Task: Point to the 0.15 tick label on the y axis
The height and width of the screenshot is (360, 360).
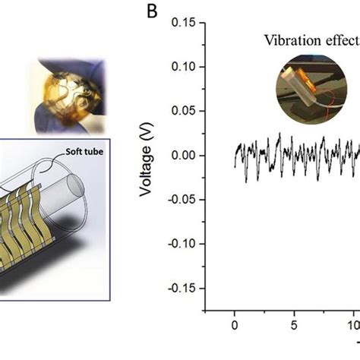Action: [182, 22]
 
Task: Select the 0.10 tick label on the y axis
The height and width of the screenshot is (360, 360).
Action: [182, 67]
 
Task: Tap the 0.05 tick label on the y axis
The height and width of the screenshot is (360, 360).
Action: [182, 111]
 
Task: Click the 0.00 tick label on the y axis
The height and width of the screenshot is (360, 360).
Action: [182, 155]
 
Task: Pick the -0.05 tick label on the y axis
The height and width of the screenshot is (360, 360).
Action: [181, 200]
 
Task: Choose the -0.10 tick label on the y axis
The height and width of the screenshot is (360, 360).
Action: [181, 244]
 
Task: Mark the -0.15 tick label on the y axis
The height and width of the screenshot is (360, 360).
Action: [181, 289]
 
